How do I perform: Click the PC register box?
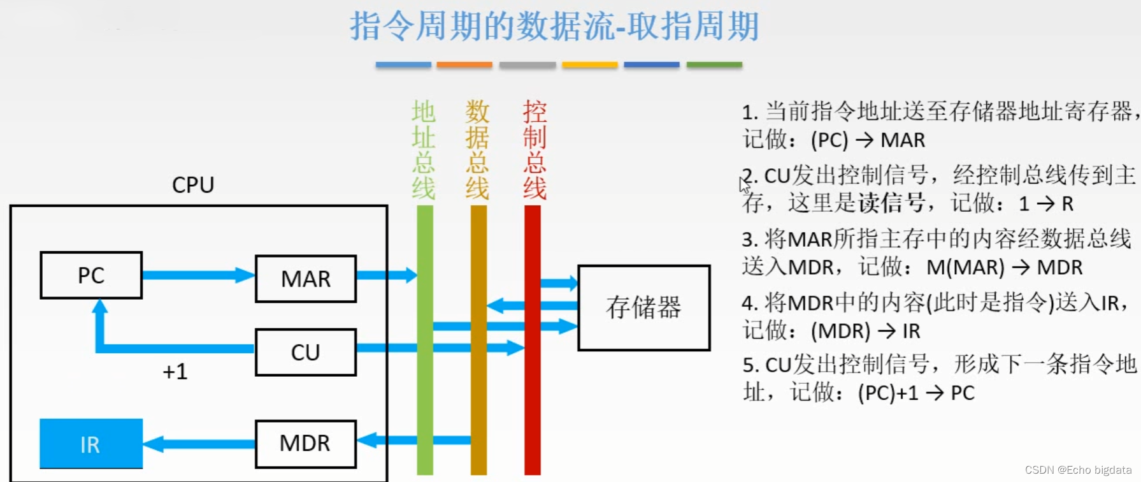[x=91, y=275]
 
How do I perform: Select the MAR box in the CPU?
[x=306, y=279]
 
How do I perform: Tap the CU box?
[x=306, y=352]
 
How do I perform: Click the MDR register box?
[x=306, y=444]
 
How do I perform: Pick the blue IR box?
[x=91, y=444]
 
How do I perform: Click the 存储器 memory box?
[x=643, y=307]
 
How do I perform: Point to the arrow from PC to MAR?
[x=197, y=275]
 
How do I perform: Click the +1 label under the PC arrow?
[x=175, y=371]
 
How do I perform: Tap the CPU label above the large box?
[x=193, y=185]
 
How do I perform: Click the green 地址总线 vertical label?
[x=424, y=150]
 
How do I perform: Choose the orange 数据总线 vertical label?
[x=477, y=150]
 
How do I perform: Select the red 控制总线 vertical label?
[x=535, y=150]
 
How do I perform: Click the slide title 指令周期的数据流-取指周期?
[x=554, y=27]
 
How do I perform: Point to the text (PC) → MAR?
[x=868, y=140]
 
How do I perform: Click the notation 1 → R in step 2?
[x=1046, y=203]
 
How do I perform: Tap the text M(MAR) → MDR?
[x=1004, y=267]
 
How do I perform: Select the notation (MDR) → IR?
[x=865, y=331]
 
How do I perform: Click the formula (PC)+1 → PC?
[x=916, y=393]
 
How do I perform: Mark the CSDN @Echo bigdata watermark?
[x=1078, y=470]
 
